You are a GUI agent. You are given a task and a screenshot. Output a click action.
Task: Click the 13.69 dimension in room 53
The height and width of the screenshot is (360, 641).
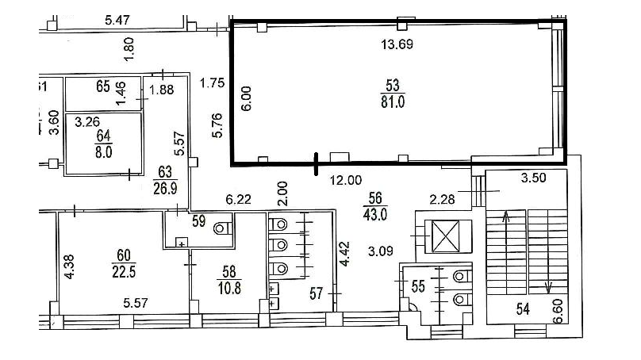397,44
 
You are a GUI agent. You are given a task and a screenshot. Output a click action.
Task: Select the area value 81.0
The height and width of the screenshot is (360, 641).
393,101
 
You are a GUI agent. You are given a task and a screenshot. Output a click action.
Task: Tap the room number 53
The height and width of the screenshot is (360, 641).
393,85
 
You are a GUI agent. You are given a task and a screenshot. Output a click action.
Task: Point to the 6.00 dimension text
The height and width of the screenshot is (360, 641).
246,98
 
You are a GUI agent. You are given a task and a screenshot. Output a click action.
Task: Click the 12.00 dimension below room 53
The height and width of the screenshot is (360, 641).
346,180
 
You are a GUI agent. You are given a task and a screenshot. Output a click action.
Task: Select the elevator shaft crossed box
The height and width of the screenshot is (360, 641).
446,236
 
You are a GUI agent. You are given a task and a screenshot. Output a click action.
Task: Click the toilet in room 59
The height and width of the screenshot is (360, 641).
223,228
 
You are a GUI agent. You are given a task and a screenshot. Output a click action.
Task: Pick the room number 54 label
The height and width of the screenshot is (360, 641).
523,309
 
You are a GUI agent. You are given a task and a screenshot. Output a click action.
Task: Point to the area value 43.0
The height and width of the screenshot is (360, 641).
375,214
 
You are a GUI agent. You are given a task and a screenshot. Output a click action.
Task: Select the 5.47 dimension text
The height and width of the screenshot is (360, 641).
117,20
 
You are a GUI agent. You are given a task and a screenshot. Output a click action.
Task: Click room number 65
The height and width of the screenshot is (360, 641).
103,86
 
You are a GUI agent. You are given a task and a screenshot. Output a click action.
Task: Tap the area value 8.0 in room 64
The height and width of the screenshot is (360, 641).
103,152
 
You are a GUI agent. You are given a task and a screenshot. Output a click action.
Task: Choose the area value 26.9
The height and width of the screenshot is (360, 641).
165,189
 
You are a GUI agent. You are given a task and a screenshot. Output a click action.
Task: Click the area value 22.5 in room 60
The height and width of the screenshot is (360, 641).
124,271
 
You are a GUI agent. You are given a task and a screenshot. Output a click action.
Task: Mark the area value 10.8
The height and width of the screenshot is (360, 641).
229,288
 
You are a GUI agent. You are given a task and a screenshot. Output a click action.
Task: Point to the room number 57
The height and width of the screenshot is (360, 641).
316,293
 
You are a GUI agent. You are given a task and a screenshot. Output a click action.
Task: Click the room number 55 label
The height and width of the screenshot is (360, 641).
418,286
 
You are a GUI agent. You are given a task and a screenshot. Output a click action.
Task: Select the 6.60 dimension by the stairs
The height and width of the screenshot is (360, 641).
558,311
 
